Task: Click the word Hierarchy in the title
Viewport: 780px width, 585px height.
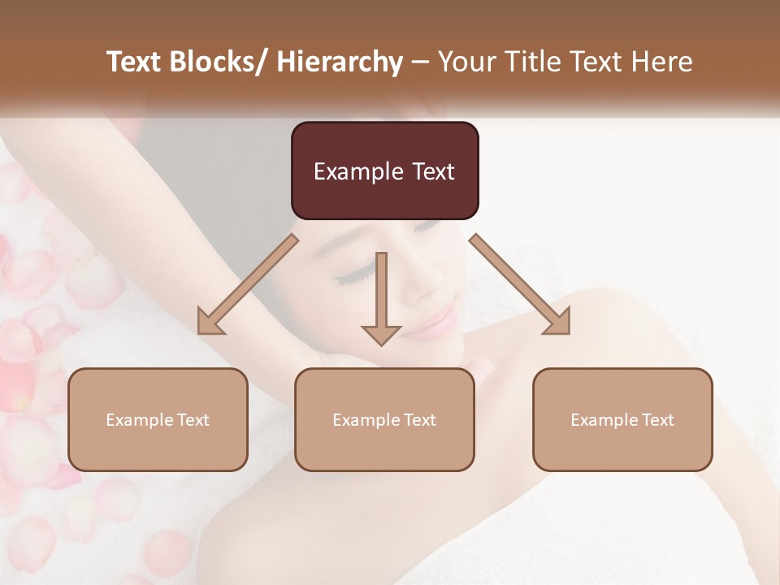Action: click(340, 62)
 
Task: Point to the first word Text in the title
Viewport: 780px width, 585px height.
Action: click(133, 62)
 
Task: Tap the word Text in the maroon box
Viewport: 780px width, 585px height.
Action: click(432, 171)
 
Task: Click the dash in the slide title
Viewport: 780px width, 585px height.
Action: click(420, 62)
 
